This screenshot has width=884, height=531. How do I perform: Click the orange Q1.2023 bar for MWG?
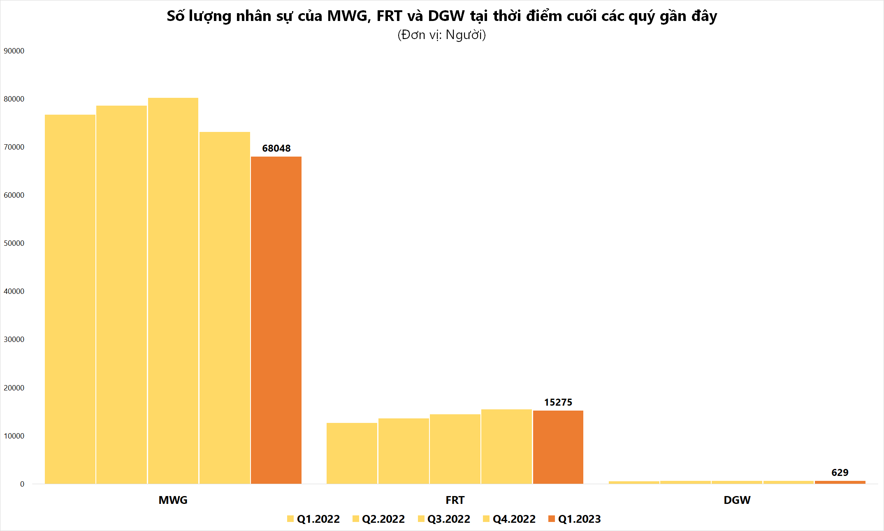pyautogui.click(x=276, y=320)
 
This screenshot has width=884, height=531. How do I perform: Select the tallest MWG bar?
pyautogui.click(x=173, y=291)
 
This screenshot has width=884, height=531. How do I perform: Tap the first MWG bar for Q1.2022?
pyautogui.click(x=70, y=299)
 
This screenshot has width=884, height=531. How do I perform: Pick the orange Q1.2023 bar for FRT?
pyautogui.click(x=558, y=447)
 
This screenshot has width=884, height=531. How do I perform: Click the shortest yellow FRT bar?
pyautogui.click(x=352, y=453)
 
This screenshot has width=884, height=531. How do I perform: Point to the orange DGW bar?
pyautogui.click(x=840, y=482)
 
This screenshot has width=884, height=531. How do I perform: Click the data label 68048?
pyautogui.click(x=276, y=148)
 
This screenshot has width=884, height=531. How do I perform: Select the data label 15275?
pyautogui.click(x=558, y=402)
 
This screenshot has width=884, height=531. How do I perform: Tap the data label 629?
pyautogui.click(x=840, y=473)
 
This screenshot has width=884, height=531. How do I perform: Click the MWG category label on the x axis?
pyautogui.click(x=173, y=500)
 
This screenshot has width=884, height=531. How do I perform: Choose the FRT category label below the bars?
pyautogui.click(x=455, y=500)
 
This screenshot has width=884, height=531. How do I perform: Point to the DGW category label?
pyautogui.click(x=737, y=500)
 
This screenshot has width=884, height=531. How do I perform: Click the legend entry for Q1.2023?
pyautogui.click(x=575, y=519)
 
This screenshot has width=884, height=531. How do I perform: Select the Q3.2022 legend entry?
pyautogui.click(x=444, y=519)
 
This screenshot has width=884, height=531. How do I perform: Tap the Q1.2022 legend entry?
pyautogui.click(x=313, y=519)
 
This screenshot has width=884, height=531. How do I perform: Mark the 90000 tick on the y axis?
pyautogui.click(x=14, y=51)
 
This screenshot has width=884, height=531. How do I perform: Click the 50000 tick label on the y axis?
pyautogui.click(x=14, y=243)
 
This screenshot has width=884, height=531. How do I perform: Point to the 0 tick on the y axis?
pyautogui.click(x=22, y=484)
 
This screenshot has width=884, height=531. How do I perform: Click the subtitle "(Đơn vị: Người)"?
pyautogui.click(x=442, y=35)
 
